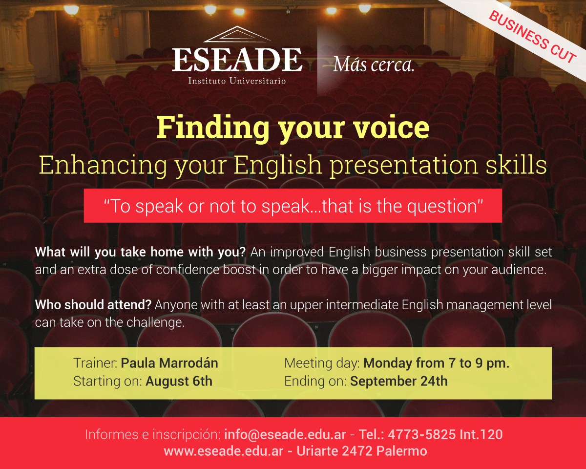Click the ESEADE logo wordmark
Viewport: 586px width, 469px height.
237,60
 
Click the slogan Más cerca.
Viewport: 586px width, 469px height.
374,65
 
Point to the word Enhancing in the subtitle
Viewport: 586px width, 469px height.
103,165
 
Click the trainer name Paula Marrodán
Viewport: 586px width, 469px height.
169,363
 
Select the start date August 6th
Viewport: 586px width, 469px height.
179,381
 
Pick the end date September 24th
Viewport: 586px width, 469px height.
398,381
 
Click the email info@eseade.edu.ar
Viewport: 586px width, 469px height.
285,434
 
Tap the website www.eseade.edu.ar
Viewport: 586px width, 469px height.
224,451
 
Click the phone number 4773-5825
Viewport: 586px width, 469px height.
422,434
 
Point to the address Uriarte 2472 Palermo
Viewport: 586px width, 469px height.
362,451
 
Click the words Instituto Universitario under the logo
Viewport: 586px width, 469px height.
237,81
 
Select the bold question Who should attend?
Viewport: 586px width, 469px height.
93,305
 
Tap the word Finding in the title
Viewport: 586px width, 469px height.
213,128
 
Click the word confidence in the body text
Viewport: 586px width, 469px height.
188,270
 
